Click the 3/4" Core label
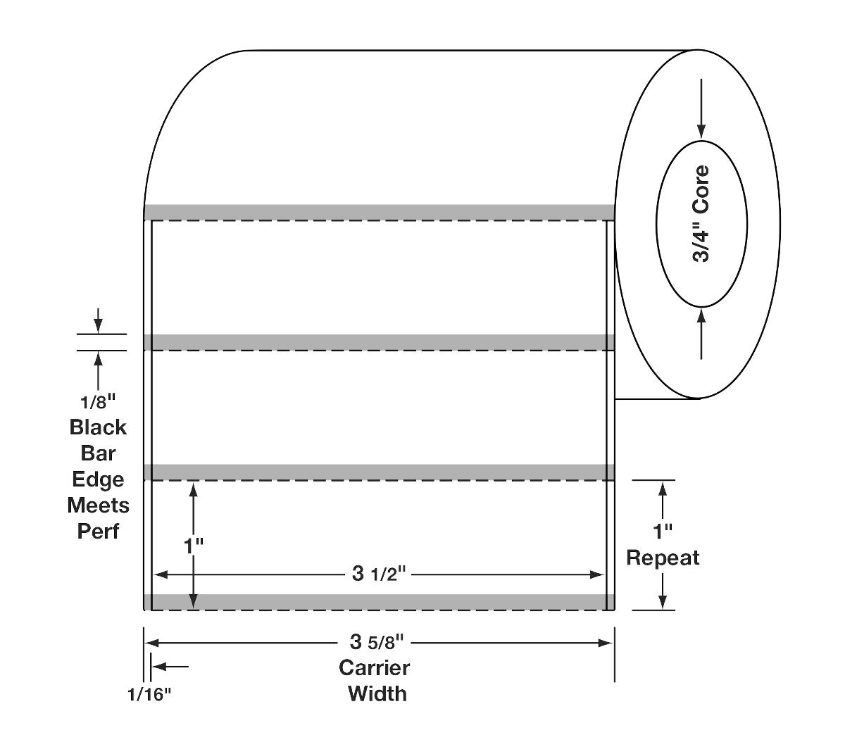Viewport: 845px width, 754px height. tap(701, 214)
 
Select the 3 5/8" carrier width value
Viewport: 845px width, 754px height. tap(378, 642)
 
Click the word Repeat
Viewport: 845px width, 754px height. tap(663, 558)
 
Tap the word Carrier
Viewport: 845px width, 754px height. tap(374, 667)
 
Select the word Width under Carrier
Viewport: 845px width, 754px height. tap(377, 693)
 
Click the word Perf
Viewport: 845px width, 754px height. tap(98, 531)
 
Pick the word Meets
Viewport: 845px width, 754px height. tap(98, 505)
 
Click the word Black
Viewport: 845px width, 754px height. tap(98, 427)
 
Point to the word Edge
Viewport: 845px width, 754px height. tap(98, 479)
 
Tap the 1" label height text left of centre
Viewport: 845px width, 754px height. tap(193, 544)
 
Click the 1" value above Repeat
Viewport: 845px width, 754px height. tap(663, 532)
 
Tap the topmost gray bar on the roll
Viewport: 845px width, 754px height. tap(379, 212)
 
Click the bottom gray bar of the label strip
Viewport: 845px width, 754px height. tap(379, 602)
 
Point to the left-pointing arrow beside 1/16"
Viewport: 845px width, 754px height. tap(169, 666)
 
